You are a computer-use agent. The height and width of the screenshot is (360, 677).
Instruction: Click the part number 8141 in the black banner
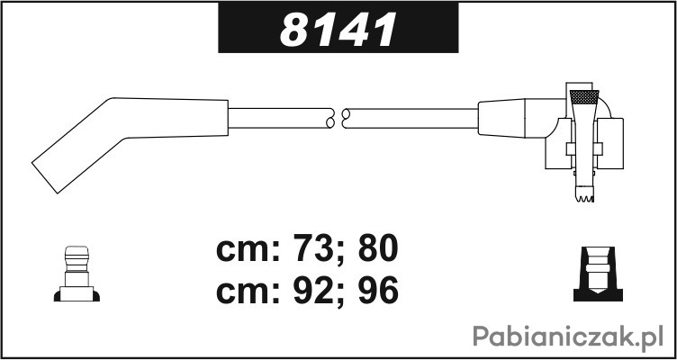(x=338, y=30)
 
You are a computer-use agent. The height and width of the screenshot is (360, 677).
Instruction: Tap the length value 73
(x=310, y=248)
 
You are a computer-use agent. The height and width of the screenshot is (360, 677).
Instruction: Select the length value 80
(x=378, y=248)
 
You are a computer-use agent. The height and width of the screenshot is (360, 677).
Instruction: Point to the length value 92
(x=310, y=290)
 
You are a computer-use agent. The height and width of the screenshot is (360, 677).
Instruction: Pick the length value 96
(x=378, y=290)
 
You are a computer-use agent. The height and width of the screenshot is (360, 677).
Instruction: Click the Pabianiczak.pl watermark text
(x=568, y=337)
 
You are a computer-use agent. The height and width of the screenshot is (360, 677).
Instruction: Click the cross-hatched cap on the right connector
(x=584, y=97)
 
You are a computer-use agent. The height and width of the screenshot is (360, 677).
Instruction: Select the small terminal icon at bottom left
(x=77, y=274)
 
